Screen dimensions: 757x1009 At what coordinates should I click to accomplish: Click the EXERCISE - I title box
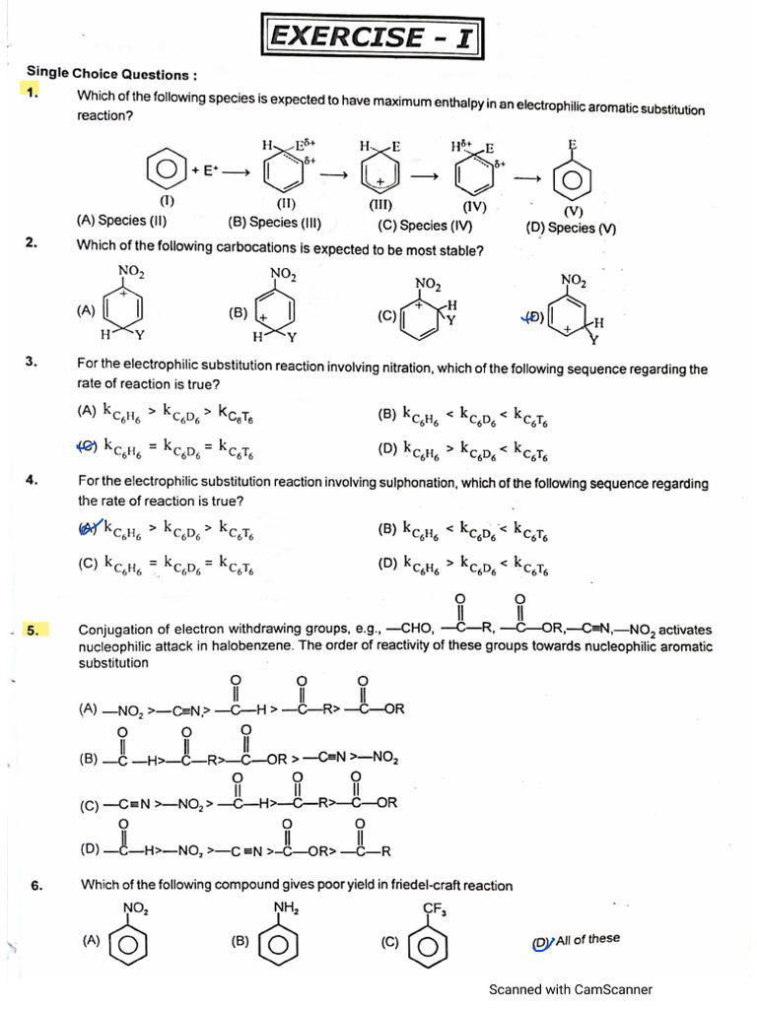pyautogui.click(x=373, y=37)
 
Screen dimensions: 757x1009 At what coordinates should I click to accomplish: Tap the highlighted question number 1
pyautogui.click(x=33, y=93)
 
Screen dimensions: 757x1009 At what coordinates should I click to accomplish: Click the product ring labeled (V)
pyautogui.click(x=571, y=179)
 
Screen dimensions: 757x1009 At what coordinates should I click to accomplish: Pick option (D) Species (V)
pyautogui.click(x=571, y=228)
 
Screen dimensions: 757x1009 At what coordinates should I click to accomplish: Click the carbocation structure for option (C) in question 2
pyautogui.click(x=428, y=314)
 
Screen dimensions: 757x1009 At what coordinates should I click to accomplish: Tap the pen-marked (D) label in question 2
pyautogui.click(x=532, y=316)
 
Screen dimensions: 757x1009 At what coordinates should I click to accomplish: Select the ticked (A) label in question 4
pyautogui.click(x=89, y=529)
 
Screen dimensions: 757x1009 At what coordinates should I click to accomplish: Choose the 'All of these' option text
pyautogui.click(x=587, y=939)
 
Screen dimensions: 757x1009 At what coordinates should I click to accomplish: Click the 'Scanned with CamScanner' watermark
pyautogui.click(x=570, y=989)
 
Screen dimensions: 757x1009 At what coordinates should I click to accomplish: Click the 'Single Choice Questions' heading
pyautogui.click(x=111, y=74)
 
